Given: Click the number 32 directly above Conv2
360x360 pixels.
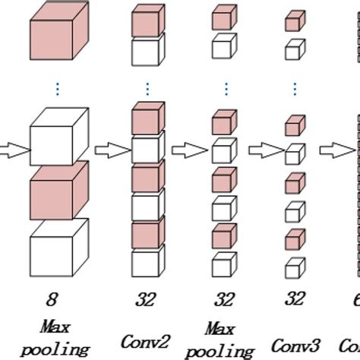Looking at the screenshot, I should point(145,299).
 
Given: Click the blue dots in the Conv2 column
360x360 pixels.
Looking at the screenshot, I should point(147,87).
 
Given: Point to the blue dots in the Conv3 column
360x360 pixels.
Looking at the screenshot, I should point(292,87).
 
